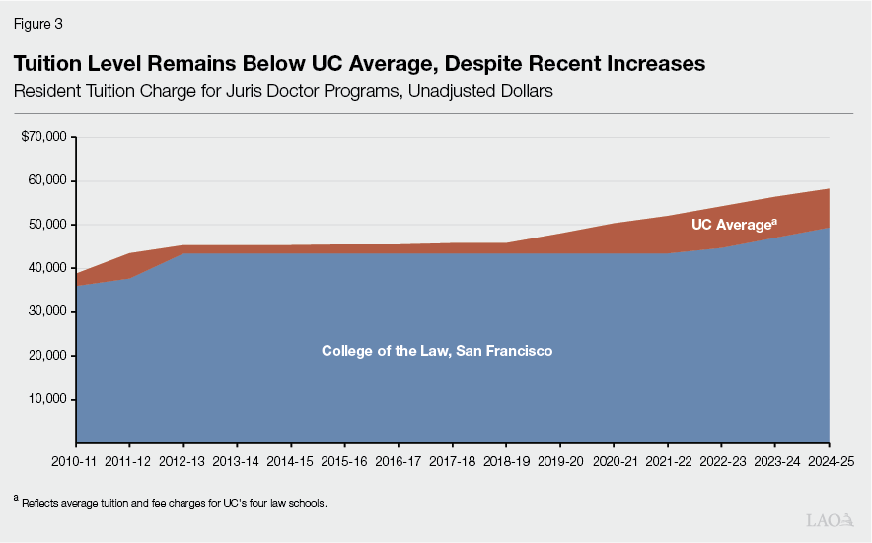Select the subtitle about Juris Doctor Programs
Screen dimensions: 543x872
pyautogui.click(x=279, y=91)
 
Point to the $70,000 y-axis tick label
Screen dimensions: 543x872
pyautogui.click(x=42, y=137)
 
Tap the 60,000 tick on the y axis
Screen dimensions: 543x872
pyautogui.click(x=45, y=180)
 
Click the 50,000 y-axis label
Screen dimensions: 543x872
pyautogui.click(x=45, y=225)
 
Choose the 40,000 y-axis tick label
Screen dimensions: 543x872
pyautogui.click(x=45, y=268)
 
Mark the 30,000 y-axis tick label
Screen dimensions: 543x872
pyautogui.click(x=45, y=311)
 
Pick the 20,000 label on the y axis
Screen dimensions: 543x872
pyautogui.click(x=45, y=356)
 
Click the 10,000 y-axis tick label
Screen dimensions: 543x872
pyautogui.click(x=45, y=399)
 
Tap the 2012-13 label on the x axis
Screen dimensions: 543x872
pyautogui.click(x=183, y=460)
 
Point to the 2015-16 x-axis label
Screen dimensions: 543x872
pyautogui.click(x=344, y=460)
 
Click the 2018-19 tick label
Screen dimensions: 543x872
pyautogui.click(x=505, y=460)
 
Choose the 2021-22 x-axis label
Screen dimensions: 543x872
pyautogui.click(x=666, y=460)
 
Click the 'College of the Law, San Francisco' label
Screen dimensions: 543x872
pyautogui.click(x=437, y=351)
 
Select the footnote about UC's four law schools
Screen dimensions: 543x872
pyautogui.click(x=169, y=503)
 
